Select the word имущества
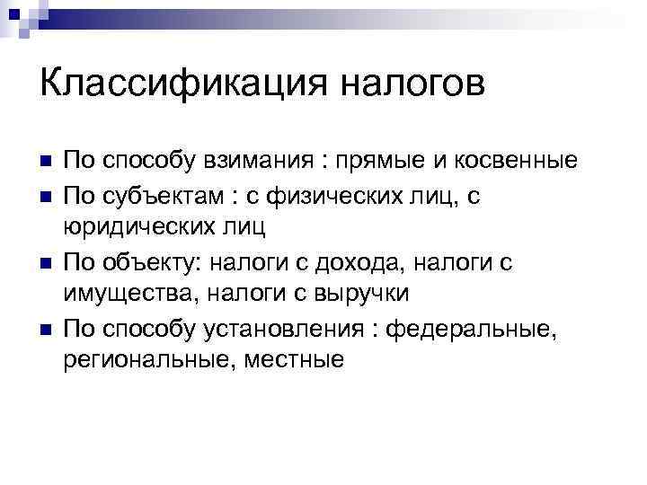[x=130, y=294]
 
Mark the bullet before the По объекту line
[x=46, y=261]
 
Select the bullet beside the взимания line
[x=46, y=163]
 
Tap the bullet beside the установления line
[x=46, y=328]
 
